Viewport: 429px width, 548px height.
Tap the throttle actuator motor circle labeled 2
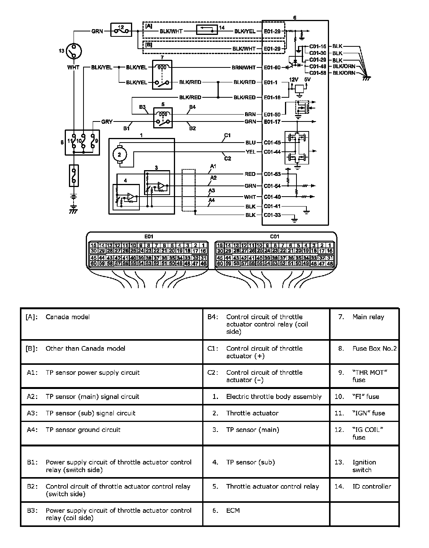[x=119, y=154]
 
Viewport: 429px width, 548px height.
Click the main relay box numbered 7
[x=162, y=75]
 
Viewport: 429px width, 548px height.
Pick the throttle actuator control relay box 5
[x=162, y=118]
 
